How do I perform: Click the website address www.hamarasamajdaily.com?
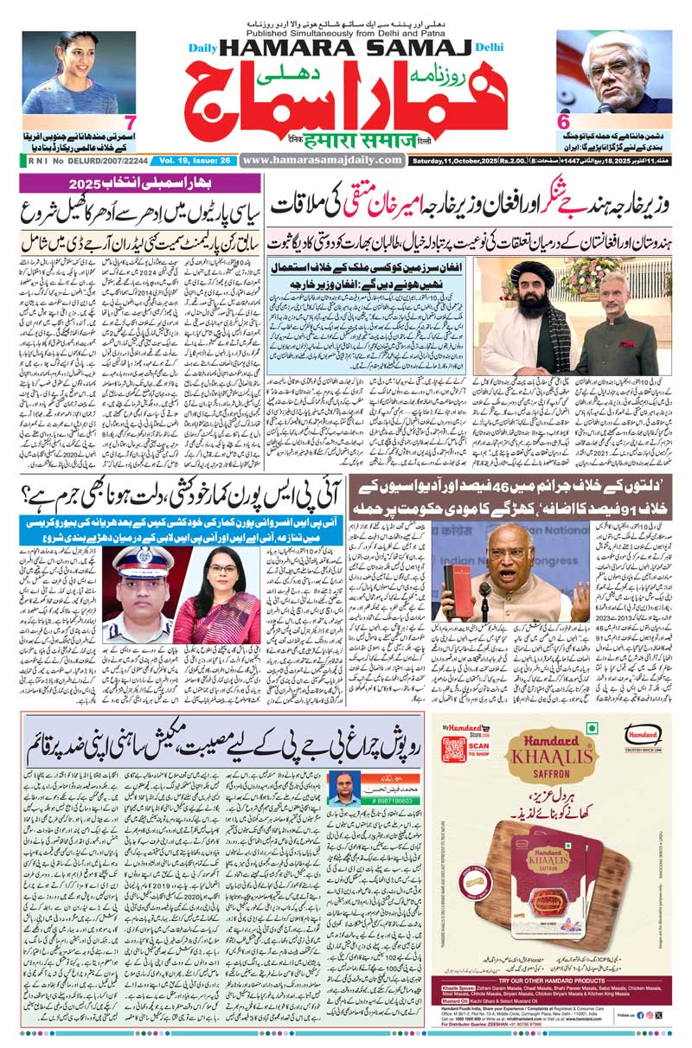pyautogui.click(x=322, y=160)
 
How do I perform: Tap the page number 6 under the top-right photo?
pyautogui.click(x=563, y=123)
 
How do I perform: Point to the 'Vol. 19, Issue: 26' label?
pyautogui.click(x=191, y=160)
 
